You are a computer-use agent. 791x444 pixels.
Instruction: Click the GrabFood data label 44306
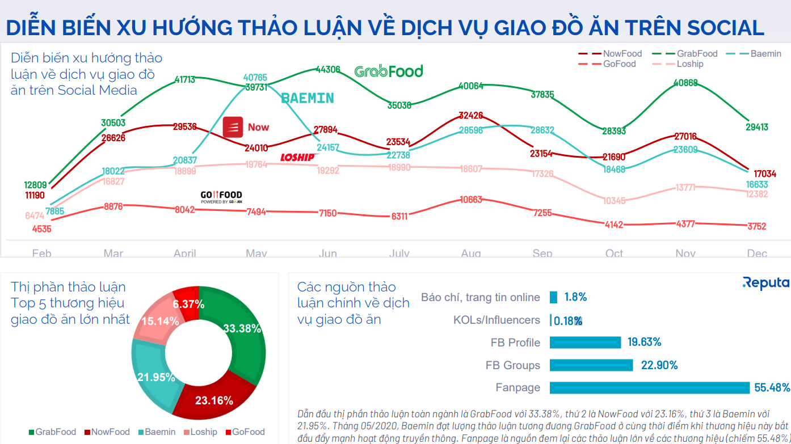(x=328, y=70)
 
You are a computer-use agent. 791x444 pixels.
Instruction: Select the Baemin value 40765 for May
(x=255, y=77)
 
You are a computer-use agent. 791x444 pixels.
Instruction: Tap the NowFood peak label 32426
(x=471, y=116)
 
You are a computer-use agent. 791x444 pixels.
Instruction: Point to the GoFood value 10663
(x=471, y=200)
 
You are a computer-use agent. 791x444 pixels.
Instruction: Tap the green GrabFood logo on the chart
(x=389, y=71)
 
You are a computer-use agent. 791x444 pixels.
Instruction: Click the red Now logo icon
(x=233, y=126)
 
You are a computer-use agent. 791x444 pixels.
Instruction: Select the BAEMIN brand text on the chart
(x=308, y=98)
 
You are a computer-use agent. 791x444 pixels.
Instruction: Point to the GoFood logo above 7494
(x=221, y=196)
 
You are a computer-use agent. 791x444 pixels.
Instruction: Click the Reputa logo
(x=765, y=283)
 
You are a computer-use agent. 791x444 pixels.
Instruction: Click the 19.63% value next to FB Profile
(x=644, y=342)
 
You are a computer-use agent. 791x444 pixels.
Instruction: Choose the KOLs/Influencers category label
(x=497, y=320)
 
